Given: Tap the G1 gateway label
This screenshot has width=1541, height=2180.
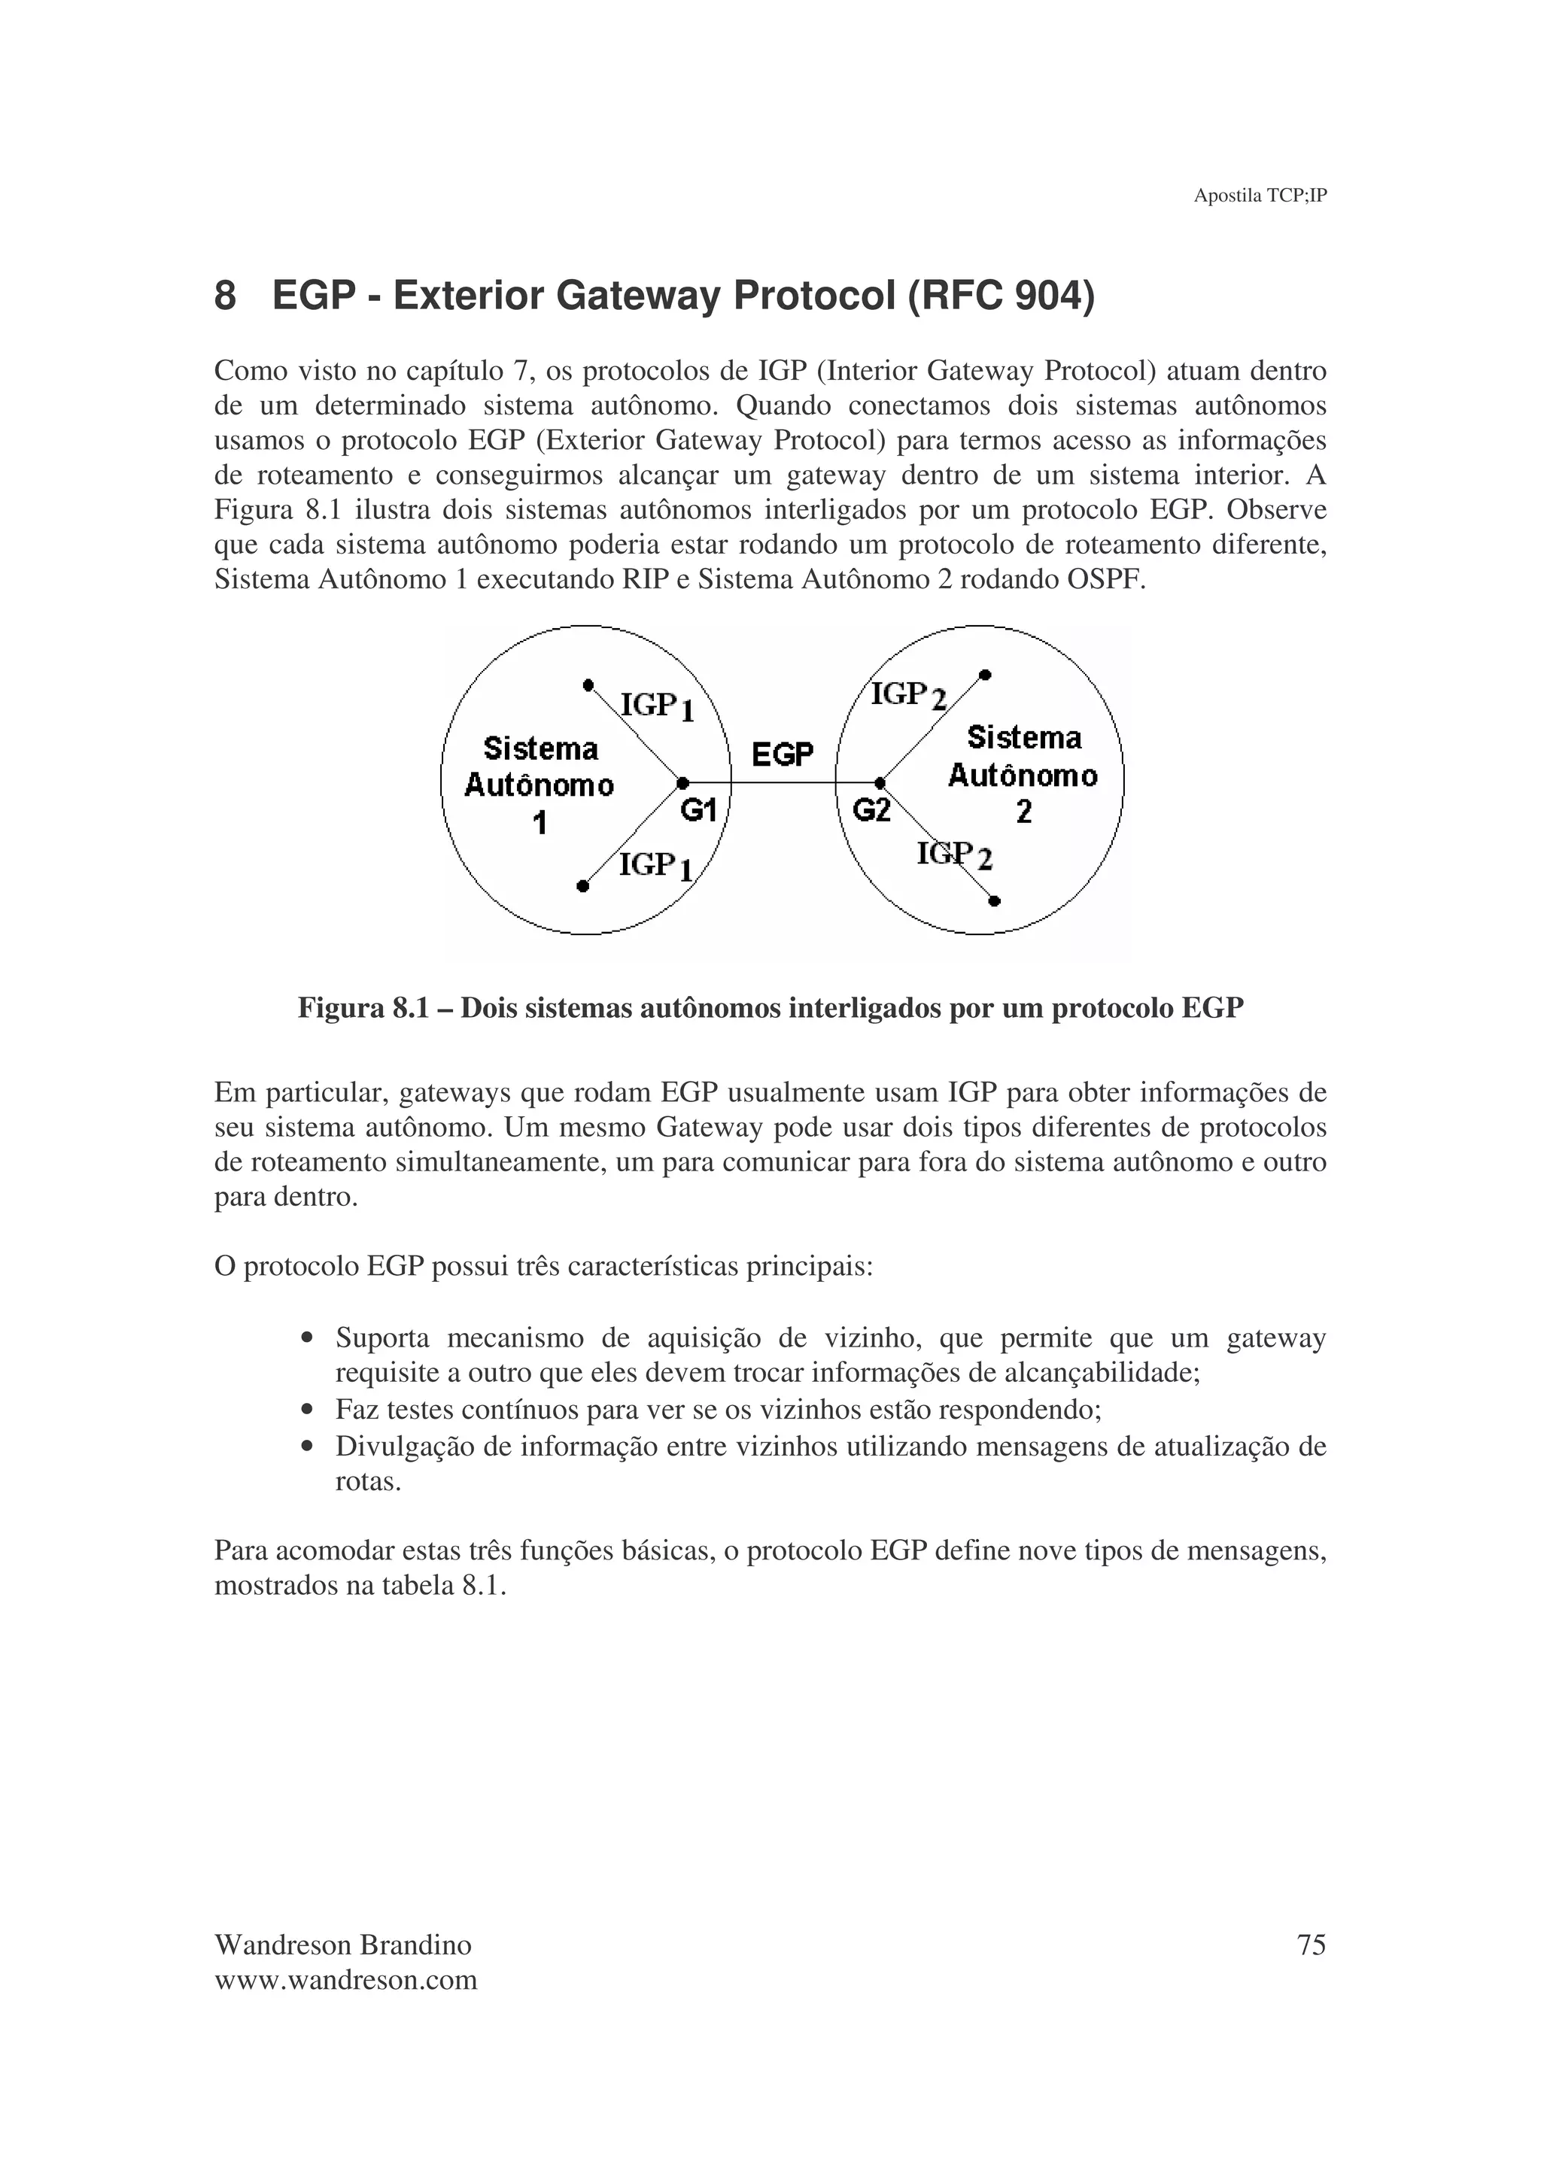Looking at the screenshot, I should point(699,810).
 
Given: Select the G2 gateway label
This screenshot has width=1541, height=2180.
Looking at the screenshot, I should point(871,810).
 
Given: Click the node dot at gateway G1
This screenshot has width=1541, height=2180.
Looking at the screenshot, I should point(682,783).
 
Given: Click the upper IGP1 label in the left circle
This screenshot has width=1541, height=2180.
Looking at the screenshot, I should point(656,706).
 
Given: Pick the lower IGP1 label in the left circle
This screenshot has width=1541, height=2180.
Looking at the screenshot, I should point(655,866).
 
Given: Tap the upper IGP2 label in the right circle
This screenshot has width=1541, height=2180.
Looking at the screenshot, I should point(909,696).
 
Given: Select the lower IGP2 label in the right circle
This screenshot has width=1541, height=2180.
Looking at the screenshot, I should point(954,855).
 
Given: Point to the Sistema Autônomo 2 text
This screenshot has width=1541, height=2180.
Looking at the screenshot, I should point(1023,775).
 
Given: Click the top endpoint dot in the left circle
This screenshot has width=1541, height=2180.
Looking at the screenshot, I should point(588,685).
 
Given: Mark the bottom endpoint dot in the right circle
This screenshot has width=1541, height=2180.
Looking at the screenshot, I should point(994,900).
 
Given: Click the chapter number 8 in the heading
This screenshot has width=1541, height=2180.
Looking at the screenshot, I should point(225,296).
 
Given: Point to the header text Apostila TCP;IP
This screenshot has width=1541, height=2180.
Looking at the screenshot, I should point(1259,196).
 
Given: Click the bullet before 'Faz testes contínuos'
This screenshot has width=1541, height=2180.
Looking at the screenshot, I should point(305,1411).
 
